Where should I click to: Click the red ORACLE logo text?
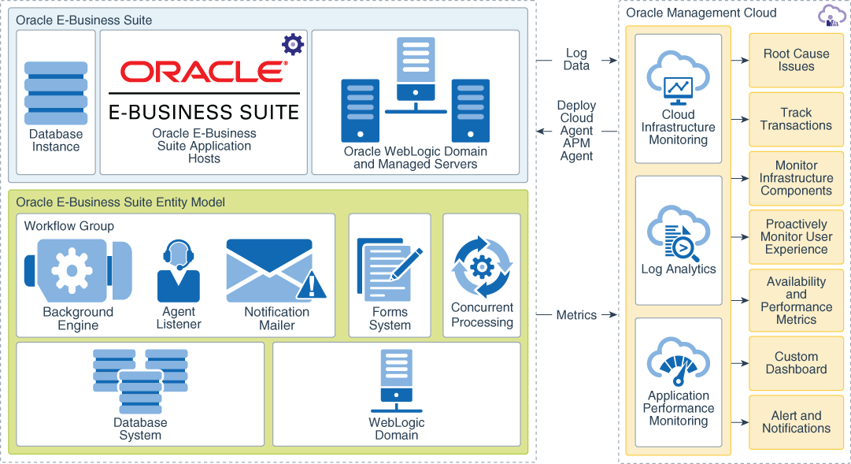[203, 72]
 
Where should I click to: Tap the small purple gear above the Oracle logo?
[292, 43]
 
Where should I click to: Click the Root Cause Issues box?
[796, 60]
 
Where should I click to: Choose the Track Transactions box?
[796, 119]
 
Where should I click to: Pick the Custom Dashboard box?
[796, 363]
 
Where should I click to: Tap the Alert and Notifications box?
[796, 422]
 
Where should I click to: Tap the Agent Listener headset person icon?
[179, 272]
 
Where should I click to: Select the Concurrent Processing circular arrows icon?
[482, 267]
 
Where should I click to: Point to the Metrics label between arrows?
[576, 315]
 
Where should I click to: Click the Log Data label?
[576, 60]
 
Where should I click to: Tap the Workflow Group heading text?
[68, 226]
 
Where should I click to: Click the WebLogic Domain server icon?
[397, 381]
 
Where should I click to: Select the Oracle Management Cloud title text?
[701, 13]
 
